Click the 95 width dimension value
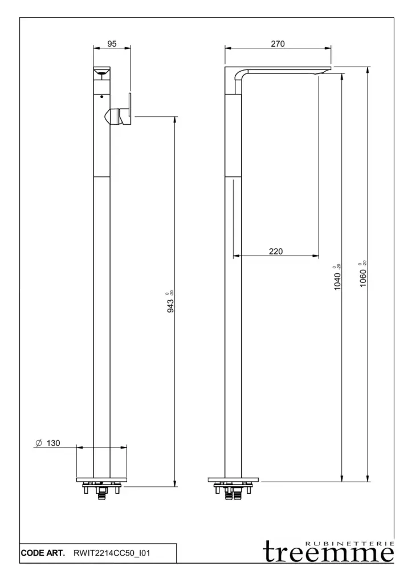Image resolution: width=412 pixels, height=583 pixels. pos(112,44)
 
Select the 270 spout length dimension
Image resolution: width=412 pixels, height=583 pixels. pos(278,44)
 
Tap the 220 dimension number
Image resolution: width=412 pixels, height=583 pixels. pos(276,251)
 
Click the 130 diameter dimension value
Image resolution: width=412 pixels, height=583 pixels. pos(53,443)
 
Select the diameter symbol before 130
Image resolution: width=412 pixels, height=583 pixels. pos(38,443)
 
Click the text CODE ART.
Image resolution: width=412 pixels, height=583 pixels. pos(43,553)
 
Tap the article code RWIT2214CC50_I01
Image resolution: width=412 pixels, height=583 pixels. pos(112,553)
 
